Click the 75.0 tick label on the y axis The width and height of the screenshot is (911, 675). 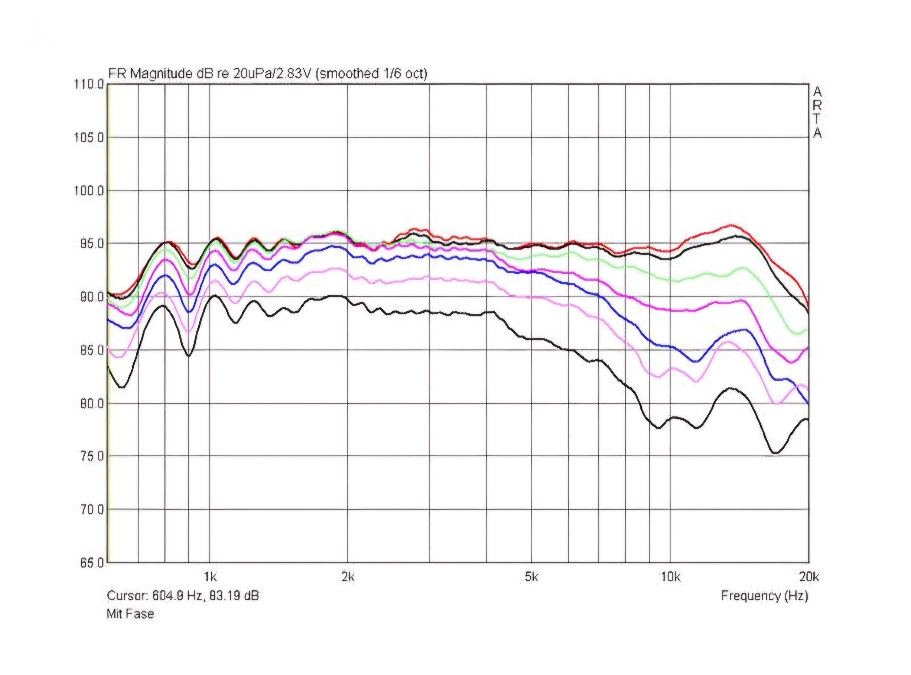(90, 456)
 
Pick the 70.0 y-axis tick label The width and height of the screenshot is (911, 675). (90, 510)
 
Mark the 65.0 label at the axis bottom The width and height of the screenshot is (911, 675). (90, 563)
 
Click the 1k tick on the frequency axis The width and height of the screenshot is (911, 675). (210, 577)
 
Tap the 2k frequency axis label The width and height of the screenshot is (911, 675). (348, 577)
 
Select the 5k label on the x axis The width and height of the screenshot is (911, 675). (531, 577)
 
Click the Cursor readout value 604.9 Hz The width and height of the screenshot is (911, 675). (177, 596)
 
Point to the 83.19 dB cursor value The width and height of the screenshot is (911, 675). (234, 596)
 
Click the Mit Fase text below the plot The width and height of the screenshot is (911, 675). (130, 614)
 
